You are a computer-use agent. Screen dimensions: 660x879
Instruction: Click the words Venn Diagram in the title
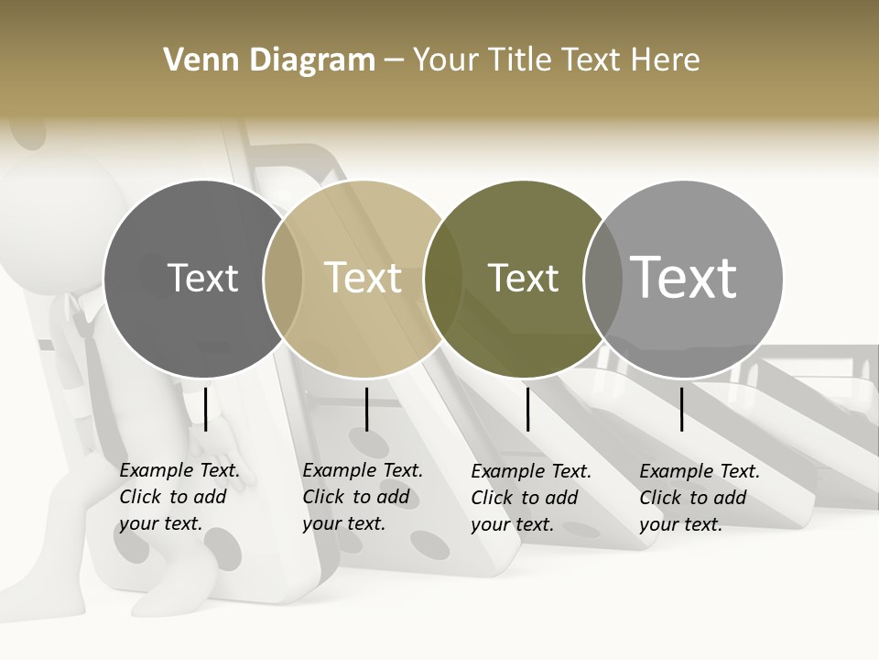(x=269, y=60)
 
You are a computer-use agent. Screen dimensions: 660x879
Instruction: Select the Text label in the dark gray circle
(x=202, y=278)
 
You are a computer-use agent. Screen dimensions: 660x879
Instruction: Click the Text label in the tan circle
(x=364, y=278)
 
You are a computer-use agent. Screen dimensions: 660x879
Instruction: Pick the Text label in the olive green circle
(x=523, y=278)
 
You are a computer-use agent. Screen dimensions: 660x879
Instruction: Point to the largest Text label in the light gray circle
(x=684, y=278)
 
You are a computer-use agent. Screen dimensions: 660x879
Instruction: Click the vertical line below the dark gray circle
(x=206, y=409)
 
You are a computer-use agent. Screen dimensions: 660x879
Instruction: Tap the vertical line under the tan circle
(x=366, y=409)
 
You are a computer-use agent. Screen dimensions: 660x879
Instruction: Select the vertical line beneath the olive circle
(x=527, y=409)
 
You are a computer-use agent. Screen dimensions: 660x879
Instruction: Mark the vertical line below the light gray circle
(x=682, y=409)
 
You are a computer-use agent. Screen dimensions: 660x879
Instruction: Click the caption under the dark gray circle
(x=179, y=497)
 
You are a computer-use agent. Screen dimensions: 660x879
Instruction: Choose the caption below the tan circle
(x=362, y=497)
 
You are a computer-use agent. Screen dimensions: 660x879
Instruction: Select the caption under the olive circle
(x=530, y=497)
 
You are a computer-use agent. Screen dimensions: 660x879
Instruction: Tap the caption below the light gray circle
(x=699, y=497)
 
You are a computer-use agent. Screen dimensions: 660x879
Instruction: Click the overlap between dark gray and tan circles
(x=283, y=279)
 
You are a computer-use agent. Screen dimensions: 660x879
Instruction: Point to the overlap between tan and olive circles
(x=443, y=279)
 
